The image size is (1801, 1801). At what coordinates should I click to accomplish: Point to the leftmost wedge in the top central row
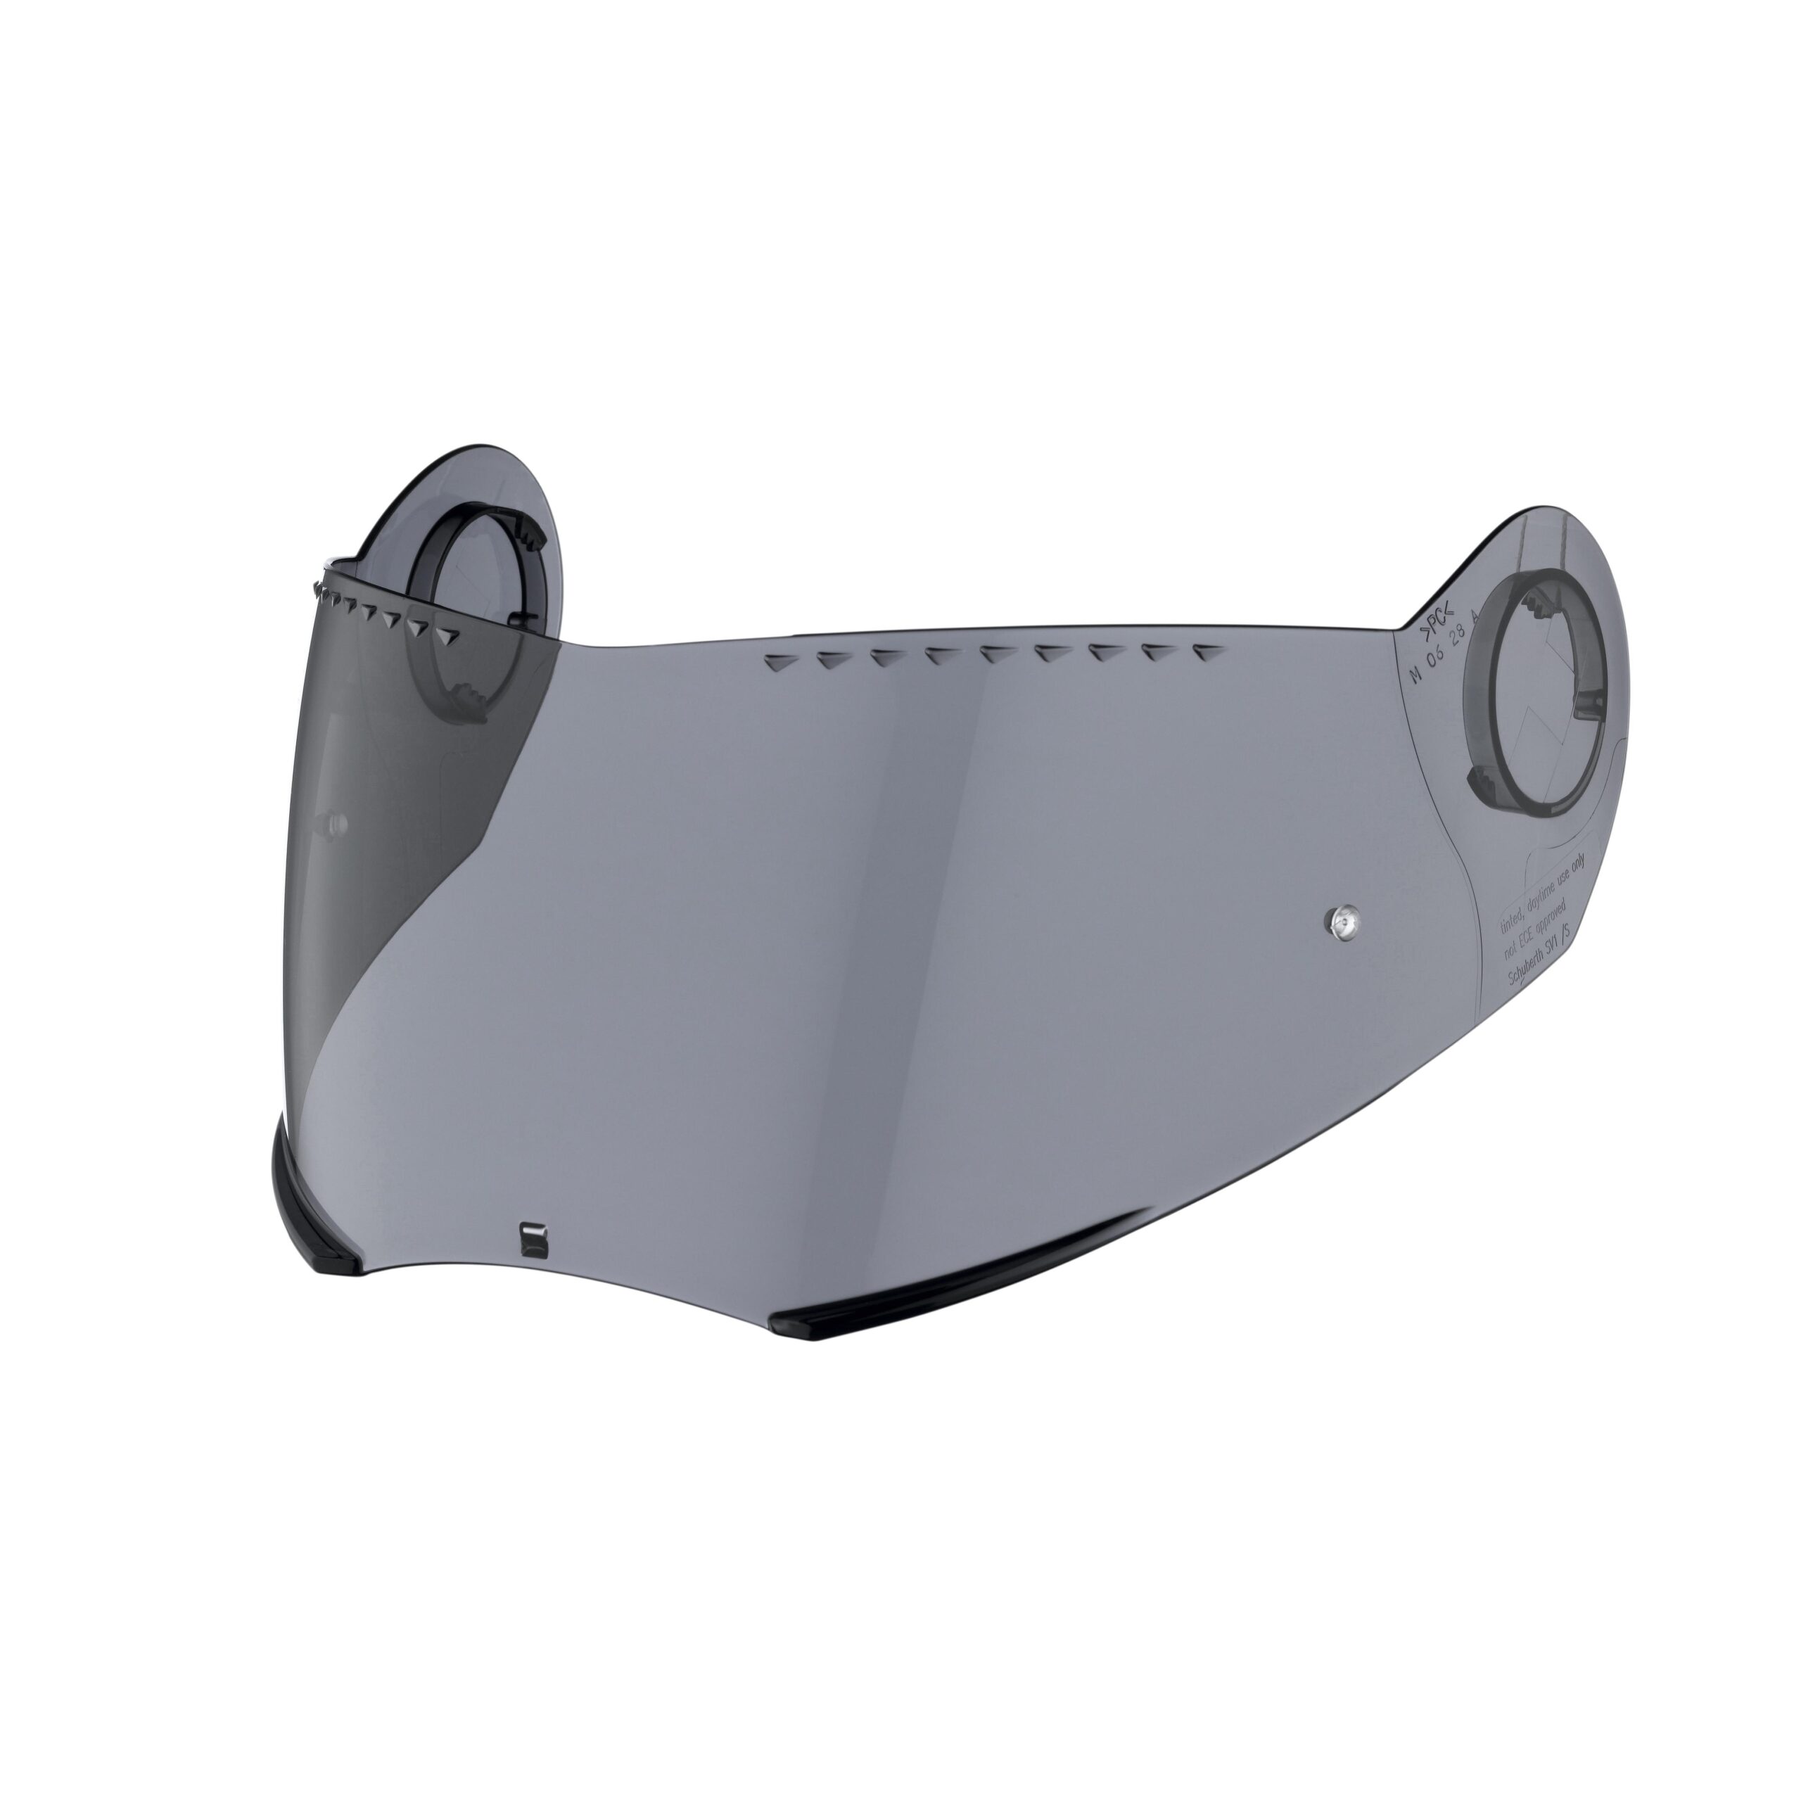click(x=777, y=663)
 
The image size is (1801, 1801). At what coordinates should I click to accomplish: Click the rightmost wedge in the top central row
click(x=1208, y=653)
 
